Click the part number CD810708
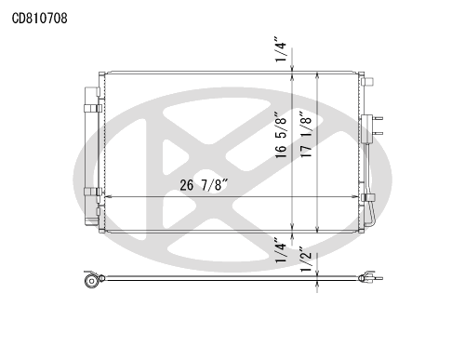tap(39, 19)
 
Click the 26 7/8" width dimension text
tap(204, 185)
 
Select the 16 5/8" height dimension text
tap(281, 135)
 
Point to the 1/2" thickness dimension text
tap(306, 260)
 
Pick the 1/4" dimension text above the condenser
tap(281, 50)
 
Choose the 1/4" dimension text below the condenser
tap(281, 250)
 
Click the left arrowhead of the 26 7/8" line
tap(108, 196)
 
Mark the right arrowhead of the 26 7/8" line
tap(355, 196)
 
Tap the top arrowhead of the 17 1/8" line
tap(317, 76)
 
